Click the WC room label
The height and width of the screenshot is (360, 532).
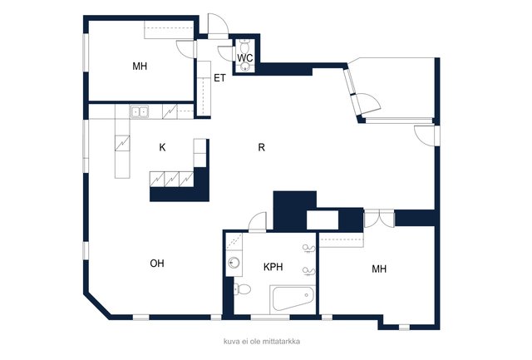tap(245, 58)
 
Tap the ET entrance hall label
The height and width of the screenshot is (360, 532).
tap(219, 78)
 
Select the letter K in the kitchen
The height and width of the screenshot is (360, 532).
tap(163, 148)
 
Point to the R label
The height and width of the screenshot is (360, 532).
tap(261, 148)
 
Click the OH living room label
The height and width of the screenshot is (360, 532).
tap(157, 264)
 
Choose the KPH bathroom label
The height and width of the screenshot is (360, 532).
tap(273, 267)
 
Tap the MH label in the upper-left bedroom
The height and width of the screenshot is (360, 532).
tap(140, 67)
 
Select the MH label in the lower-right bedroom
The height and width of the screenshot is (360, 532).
tap(379, 269)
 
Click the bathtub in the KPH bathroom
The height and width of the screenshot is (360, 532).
tap(293, 299)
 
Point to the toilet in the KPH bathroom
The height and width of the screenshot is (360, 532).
tap(242, 289)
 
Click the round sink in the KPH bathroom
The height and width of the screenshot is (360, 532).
tap(234, 263)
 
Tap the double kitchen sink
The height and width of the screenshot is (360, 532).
tap(140, 111)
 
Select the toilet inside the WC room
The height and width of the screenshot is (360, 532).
tap(244, 45)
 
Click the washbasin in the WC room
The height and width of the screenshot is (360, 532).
tap(245, 67)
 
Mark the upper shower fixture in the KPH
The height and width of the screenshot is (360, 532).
tap(308, 249)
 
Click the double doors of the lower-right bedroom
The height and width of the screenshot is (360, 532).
tap(379, 218)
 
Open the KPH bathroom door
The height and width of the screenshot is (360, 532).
tap(258, 222)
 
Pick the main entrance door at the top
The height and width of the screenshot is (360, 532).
tap(218, 27)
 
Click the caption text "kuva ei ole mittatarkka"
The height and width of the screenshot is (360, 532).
tap(262, 342)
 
